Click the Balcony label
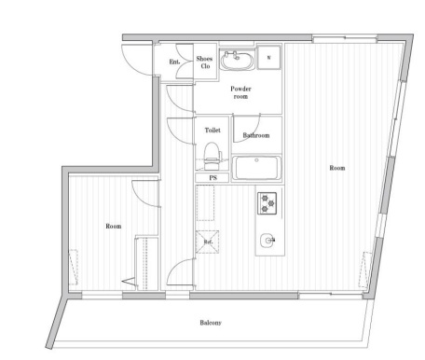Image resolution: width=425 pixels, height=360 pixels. [x=211, y=323]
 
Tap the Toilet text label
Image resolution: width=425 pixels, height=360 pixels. [x=212, y=131]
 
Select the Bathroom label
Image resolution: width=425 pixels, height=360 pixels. [x=256, y=135]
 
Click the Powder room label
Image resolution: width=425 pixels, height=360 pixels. [x=240, y=92]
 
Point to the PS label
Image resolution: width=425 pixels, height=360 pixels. [x=212, y=178]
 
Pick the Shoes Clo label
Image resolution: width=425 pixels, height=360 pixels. [x=205, y=62]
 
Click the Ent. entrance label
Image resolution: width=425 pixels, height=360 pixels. [x=174, y=62]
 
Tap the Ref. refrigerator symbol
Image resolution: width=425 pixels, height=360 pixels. [x=207, y=242]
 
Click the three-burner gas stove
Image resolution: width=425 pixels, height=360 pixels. [x=267, y=203]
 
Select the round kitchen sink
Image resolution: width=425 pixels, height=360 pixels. [x=267, y=240]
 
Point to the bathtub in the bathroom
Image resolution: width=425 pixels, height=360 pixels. [x=256, y=168]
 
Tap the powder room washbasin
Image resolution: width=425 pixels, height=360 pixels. [x=237, y=61]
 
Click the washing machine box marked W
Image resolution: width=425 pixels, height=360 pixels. [x=268, y=58]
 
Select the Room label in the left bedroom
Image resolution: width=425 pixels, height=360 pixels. [x=114, y=226]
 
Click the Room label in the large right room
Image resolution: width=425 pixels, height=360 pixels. [x=337, y=168]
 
